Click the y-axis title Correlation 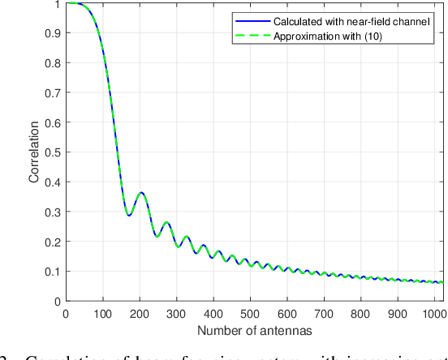tap(33, 152)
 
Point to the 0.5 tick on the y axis tap(54, 152)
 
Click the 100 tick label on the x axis tap(101, 313)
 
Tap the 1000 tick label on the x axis tap(434, 313)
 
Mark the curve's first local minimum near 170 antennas tap(128, 215)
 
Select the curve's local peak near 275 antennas tap(166, 222)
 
